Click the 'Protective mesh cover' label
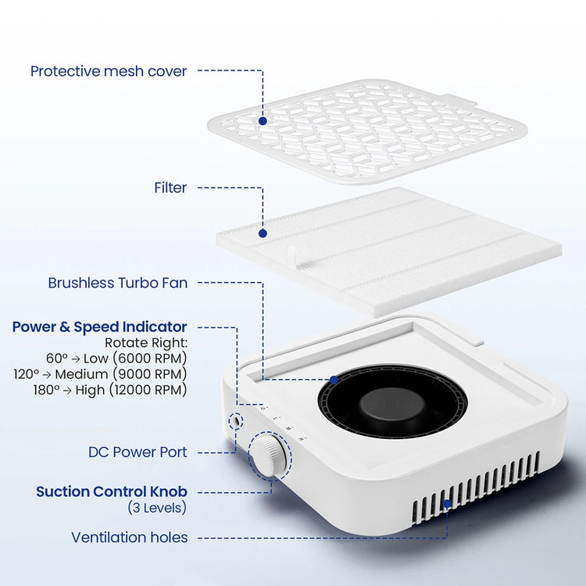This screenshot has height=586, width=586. (x=109, y=71)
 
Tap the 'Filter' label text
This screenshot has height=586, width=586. (x=170, y=188)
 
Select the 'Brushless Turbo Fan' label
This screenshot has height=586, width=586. (x=118, y=283)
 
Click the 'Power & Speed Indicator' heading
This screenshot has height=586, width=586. (x=99, y=327)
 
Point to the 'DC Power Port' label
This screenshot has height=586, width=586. (x=138, y=452)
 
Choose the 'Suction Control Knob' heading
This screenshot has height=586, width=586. (x=112, y=491)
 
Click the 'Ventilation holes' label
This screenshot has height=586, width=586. (x=129, y=538)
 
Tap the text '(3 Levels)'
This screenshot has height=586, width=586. (x=157, y=508)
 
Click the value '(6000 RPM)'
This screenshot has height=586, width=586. (x=149, y=359)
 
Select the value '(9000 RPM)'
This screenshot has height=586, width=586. (x=149, y=374)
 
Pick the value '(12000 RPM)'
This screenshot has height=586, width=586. (x=148, y=390)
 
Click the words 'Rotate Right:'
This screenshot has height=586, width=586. (x=146, y=343)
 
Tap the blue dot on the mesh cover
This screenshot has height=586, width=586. (x=263, y=121)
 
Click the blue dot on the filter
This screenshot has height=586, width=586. (x=263, y=234)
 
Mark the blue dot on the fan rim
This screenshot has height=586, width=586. (x=334, y=380)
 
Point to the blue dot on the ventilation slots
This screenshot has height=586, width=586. (x=447, y=504)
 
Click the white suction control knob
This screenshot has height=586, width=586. (x=267, y=456)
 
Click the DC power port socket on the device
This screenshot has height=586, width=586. (x=236, y=421)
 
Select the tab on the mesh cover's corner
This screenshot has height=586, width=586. (x=459, y=100)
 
